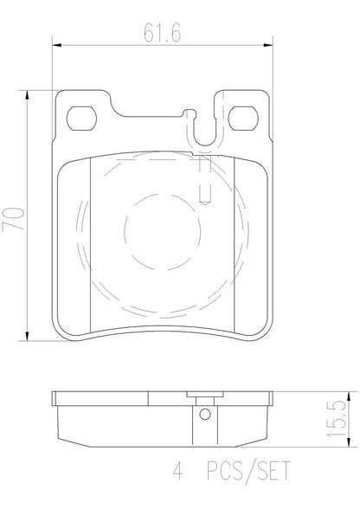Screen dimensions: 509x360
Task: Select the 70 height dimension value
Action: pyautogui.click(x=12, y=216)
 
